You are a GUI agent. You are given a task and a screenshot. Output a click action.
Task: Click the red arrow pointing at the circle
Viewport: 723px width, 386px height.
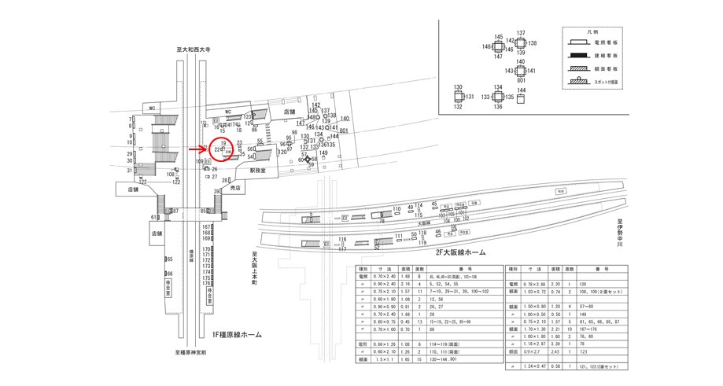coord(197,147)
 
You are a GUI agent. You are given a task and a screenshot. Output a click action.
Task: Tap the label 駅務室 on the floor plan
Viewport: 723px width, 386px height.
coord(259,170)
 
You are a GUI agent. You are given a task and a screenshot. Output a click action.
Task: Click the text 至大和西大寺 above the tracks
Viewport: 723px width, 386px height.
coord(194,50)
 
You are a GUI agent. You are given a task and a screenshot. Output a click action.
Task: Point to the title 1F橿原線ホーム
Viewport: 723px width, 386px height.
coord(231,335)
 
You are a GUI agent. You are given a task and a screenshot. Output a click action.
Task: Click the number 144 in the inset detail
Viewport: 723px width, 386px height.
coord(521,90)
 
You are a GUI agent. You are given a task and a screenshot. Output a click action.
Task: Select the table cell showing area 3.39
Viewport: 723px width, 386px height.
coord(556,344)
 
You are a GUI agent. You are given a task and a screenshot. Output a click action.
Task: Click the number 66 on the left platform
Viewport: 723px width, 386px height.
coord(169,274)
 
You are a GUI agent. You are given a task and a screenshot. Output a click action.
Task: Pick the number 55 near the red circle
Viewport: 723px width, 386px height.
coord(260,142)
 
